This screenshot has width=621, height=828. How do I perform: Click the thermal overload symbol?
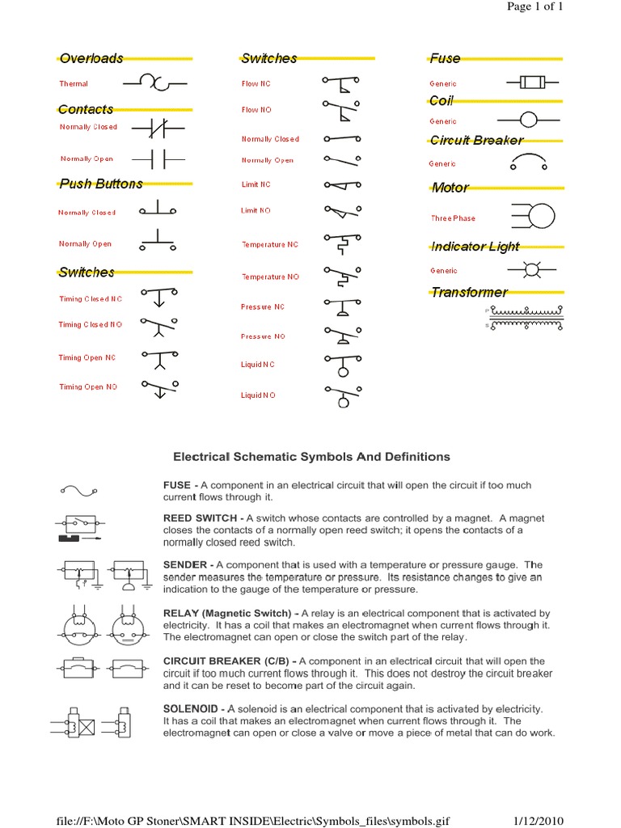154,82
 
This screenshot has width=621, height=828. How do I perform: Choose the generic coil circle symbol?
528,120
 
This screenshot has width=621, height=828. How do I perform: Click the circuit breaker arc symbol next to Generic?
528,163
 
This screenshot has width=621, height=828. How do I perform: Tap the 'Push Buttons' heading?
101,184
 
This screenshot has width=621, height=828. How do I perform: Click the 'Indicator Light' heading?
475,246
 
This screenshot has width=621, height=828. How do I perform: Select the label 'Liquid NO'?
258,395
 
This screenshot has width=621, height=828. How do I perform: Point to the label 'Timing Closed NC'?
90,299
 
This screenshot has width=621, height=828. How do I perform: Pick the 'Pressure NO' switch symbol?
342,335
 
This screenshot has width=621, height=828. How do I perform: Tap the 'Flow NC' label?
256,84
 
